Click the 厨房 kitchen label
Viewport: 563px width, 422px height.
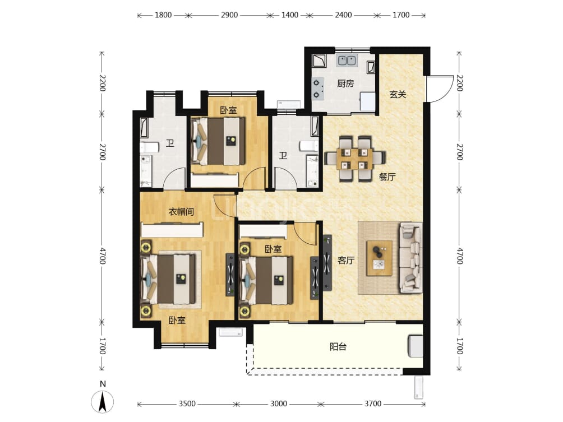coord(345,84)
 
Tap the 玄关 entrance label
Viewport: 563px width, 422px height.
coord(398,94)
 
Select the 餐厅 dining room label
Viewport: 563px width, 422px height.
coord(387,177)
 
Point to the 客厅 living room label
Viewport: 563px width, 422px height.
coord(346,260)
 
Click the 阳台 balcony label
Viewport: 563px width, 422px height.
coord(338,347)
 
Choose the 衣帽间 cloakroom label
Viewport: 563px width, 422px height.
coord(181,212)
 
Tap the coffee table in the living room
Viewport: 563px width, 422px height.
coord(379,258)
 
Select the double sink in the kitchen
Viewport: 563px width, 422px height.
coord(346,61)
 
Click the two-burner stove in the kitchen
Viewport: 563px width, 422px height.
coord(317,89)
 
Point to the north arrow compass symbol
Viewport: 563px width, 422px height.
coord(103,401)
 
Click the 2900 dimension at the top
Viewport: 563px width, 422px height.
coord(229,15)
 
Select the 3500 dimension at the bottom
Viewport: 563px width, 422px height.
coord(187,404)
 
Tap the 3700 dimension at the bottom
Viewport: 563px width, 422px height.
coord(373,404)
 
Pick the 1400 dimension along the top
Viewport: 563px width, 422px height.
coord(290,15)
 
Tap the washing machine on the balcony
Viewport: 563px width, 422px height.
coord(416,346)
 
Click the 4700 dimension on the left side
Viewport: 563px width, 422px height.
coord(102,256)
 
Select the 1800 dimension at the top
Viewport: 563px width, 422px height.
coord(163,15)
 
